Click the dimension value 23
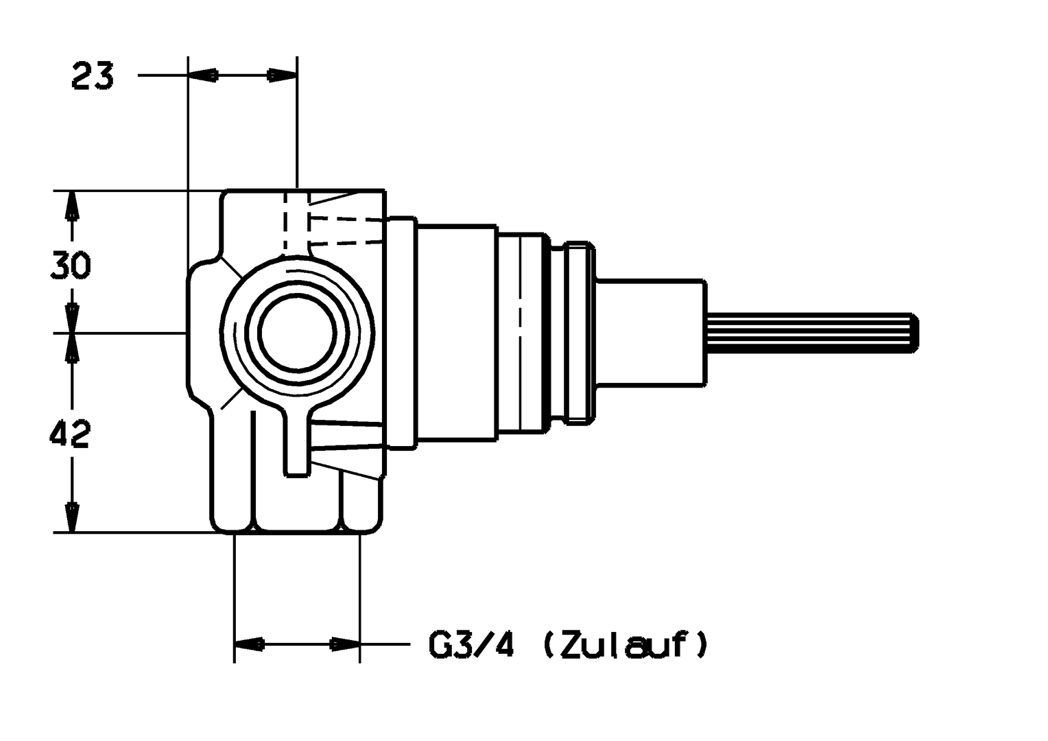coord(92,75)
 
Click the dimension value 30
coord(71,265)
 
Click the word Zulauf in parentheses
coord(624,645)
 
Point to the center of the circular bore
coord(297,333)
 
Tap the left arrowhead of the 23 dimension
coord(202,75)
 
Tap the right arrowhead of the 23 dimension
coord(282,75)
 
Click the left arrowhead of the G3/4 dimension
coord(250,644)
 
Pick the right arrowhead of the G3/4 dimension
coord(345,644)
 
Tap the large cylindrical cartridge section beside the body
coord(456,332)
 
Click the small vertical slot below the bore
coord(297,446)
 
